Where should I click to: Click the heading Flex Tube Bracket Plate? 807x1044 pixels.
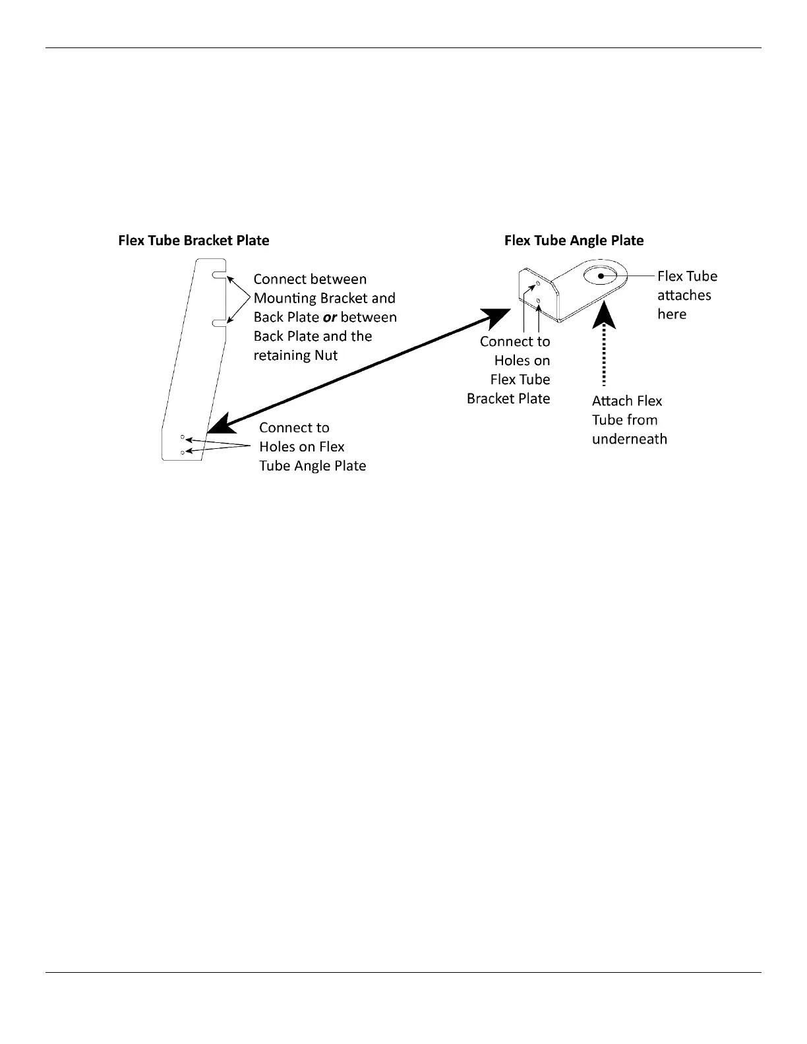pyautogui.click(x=193, y=241)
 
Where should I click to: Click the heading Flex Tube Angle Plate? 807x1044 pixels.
pyautogui.click(x=574, y=241)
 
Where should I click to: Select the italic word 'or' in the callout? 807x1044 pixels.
pyautogui.click(x=330, y=318)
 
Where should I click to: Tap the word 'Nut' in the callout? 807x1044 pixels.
pyautogui.click(x=326, y=356)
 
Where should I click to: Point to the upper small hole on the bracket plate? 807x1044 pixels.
pyautogui.click(x=183, y=437)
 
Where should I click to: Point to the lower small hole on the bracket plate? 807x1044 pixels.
pyautogui.click(x=183, y=453)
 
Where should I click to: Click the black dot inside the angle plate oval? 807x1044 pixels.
pyautogui.click(x=601, y=275)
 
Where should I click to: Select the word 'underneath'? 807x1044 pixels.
pyautogui.click(x=629, y=440)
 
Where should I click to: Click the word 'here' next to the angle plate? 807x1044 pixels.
pyautogui.click(x=672, y=314)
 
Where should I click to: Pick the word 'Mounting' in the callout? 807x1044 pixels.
pyautogui.click(x=284, y=299)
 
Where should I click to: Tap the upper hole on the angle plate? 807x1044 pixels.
pyautogui.click(x=539, y=284)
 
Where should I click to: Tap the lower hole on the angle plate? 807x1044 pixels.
pyautogui.click(x=539, y=301)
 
